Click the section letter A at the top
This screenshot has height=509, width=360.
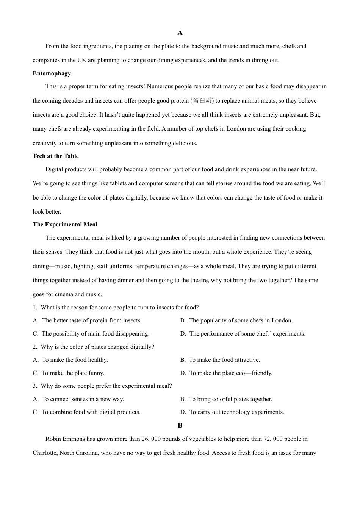[180, 33]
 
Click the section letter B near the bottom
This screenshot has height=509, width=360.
[180, 425]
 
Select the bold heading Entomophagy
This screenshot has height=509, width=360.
[52, 73]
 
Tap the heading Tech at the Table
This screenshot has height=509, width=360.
[56, 156]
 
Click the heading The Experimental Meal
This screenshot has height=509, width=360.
[65, 225]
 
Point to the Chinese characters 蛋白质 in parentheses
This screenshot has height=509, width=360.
[202, 101]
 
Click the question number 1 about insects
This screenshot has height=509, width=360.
[34, 308]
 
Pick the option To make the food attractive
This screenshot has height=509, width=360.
[224, 360]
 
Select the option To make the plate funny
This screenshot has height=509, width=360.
[73, 373]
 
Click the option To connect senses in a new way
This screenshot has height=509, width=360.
[83, 399]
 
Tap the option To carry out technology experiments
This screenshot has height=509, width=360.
[236, 412]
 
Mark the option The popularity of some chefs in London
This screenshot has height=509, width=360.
[241, 320]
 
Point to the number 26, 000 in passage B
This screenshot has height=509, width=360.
[152, 439]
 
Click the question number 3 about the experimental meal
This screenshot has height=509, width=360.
[34, 386]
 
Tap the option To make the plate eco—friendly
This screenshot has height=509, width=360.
[231, 373]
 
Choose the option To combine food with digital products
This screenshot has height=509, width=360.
[91, 412]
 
